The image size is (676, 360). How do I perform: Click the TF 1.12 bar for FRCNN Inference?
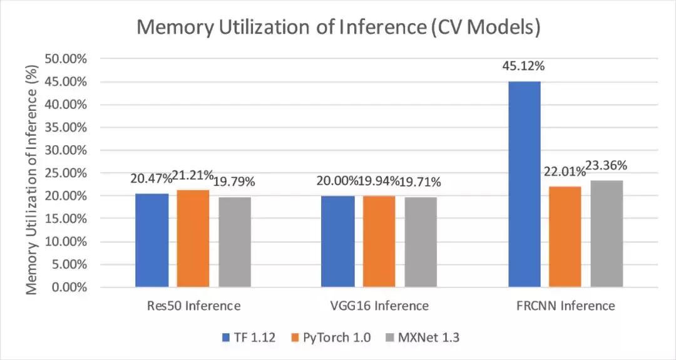pos(525,184)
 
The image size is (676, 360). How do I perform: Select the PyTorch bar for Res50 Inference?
pos(193,239)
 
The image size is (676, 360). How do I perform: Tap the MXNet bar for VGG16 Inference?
pos(421,242)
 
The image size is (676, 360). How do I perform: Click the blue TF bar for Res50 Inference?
pos(152,240)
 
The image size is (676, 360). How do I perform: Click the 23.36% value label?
pos(607,166)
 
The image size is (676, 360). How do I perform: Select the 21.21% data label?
pos(193,175)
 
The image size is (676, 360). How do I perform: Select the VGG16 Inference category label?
pos(380,306)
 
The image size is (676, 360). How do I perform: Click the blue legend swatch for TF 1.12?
pos(227,338)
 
